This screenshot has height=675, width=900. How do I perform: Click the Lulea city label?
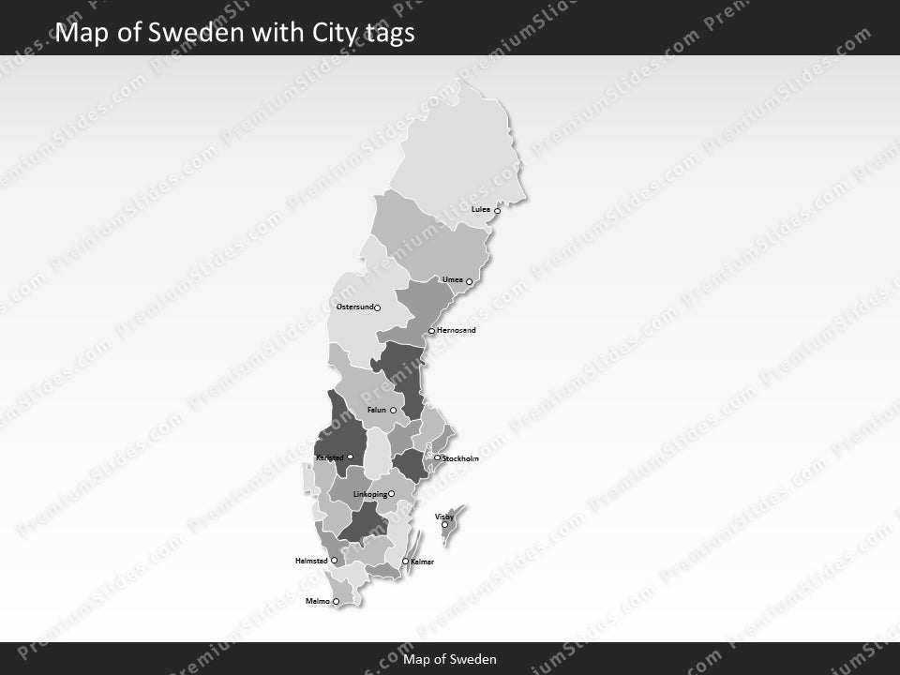pyautogui.click(x=481, y=209)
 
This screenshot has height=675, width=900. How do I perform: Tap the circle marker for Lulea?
pyautogui.click(x=497, y=211)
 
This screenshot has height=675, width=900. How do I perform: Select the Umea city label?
pyautogui.click(x=453, y=279)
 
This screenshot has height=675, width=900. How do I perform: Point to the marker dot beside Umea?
pyautogui.click(x=469, y=281)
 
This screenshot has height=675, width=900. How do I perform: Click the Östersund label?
pyautogui.click(x=354, y=307)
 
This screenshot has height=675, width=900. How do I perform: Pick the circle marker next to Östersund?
pyautogui.click(x=377, y=307)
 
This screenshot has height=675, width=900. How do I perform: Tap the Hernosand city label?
pyautogui.click(x=457, y=330)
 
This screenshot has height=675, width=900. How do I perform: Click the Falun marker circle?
pyautogui.click(x=393, y=411)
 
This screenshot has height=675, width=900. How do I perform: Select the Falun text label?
pyautogui.click(x=377, y=410)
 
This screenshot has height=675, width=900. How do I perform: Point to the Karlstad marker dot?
pyautogui.click(x=350, y=457)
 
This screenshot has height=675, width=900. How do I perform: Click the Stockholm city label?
pyautogui.click(x=460, y=458)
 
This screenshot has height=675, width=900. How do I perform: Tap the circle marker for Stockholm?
pyautogui.click(x=437, y=458)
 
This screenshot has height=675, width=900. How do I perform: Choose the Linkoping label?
pyautogui.click(x=369, y=494)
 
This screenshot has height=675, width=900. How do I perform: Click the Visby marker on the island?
pyautogui.click(x=444, y=525)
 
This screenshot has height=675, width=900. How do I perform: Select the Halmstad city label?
pyautogui.click(x=311, y=561)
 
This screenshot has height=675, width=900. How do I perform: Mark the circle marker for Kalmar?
pyautogui.click(x=405, y=562)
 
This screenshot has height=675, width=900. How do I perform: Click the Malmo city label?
pyautogui.click(x=318, y=601)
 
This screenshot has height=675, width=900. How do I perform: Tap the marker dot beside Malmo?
pyautogui.click(x=336, y=602)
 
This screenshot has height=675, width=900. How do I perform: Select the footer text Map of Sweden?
pyautogui.click(x=450, y=659)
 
